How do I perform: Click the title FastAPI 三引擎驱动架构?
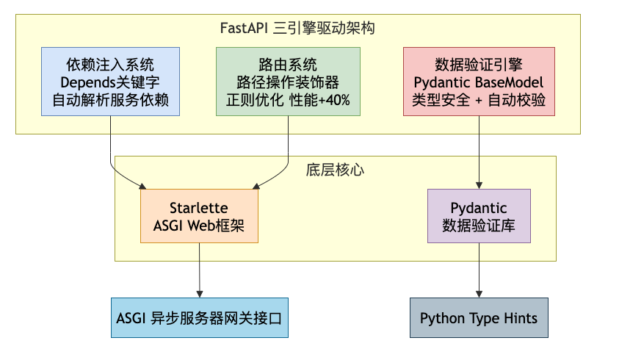(x=297, y=28)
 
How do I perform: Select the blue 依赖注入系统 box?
(x=111, y=82)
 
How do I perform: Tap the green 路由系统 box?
(x=288, y=82)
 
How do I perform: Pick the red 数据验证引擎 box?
(x=479, y=82)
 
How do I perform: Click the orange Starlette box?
(x=200, y=216)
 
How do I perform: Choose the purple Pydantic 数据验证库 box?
(x=479, y=216)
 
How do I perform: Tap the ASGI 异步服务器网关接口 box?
(x=200, y=317)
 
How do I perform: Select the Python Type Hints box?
(x=479, y=317)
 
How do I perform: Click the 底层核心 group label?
(x=335, y=170)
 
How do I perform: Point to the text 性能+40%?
(x=319, y=100)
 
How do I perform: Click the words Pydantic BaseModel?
(x=479, y=82)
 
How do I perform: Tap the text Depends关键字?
(x=110, y=82)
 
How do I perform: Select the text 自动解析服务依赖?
(x=111, y=100)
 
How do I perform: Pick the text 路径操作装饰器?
(x=288, y=82)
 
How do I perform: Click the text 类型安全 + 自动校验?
(x=479, y=100)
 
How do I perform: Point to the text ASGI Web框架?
(x=199, y=226)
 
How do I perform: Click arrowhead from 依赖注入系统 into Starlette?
(x=143, y=187)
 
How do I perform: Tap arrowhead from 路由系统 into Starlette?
(x=256, y=187)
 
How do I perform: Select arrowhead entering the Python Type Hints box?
(x=479, y=295)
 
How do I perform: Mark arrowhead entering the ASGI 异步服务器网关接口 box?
(x=200, y=295)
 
